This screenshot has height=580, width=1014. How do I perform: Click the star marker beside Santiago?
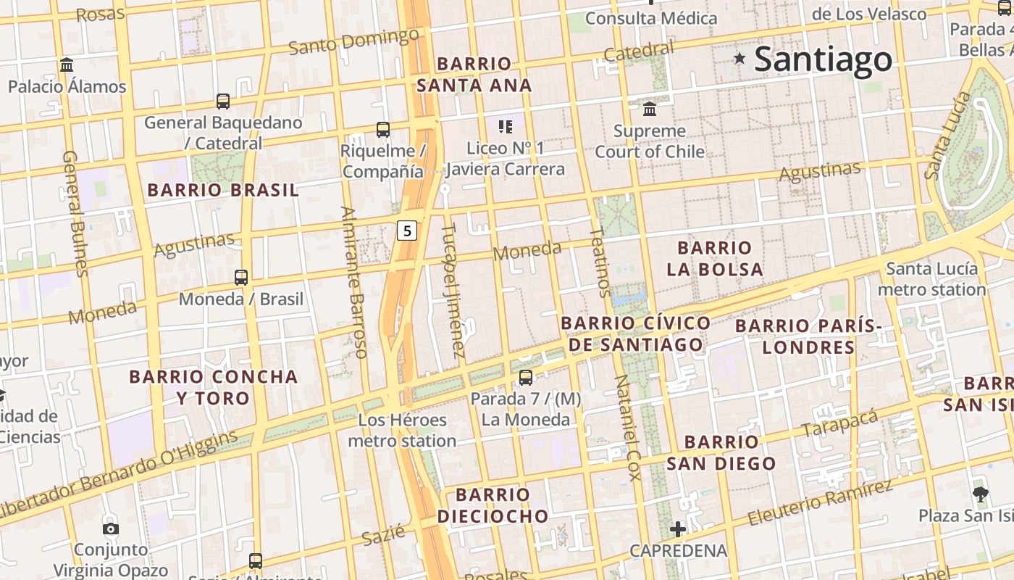[739, 58]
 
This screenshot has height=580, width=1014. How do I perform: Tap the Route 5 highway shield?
[408, 231]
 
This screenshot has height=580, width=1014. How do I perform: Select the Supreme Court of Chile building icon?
[650, 109]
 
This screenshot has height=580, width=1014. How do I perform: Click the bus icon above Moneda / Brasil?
[241, 277]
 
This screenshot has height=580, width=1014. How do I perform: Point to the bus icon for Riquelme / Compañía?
[382, 130]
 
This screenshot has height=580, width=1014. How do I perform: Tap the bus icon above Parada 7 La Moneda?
[526, 377]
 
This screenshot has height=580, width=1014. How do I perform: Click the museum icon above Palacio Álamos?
[67, 65]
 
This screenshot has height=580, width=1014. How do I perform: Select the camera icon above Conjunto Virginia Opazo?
[110, 529]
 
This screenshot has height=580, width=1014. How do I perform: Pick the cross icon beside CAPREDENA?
[677, 529]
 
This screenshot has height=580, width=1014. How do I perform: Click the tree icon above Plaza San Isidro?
[981, 494]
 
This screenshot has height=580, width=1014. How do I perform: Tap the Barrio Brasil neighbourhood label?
[222, 191]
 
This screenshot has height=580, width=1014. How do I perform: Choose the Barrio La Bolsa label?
[715, 259]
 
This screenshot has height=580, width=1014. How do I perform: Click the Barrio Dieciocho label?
[493, 505]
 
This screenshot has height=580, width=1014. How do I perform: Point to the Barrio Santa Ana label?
[474, 75]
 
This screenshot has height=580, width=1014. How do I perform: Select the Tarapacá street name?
[839, 424]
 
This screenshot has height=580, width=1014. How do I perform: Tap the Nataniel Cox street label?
[627, 428]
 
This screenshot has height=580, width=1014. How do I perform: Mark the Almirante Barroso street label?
[354, 283]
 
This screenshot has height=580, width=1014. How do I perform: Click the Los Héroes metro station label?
[402, 430]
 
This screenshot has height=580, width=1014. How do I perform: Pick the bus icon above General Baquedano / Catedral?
[223, 101]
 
